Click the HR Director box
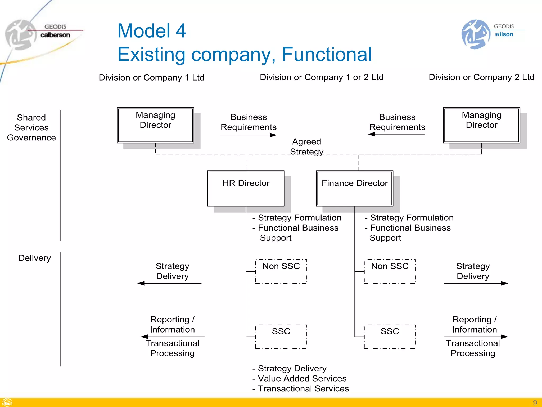click(x=246, y=188)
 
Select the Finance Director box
click(x=355, y=188)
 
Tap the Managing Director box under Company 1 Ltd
click(x=155, y=125)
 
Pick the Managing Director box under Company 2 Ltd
click(x=481, y=125)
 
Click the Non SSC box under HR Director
click(x=281, y=271)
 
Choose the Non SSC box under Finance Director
click(x=390, y=271)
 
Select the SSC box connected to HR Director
click(x=281, y=337)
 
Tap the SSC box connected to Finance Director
click(x=390, y=337)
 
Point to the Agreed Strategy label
click(x=306, y=147)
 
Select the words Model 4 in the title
click(x=152, y=31)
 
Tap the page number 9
click(x=535, y=402)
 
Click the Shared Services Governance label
click(x=31, y=127)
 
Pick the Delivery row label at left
click(x=34, y=258)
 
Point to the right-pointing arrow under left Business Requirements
click(x=248, y=135)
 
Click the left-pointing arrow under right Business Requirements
click(x=396, y=134)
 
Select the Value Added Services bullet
click(x=302, y=378)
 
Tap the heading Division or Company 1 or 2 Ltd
click(x=322, y=77)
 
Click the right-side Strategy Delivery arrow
click(x=476, y=283)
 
